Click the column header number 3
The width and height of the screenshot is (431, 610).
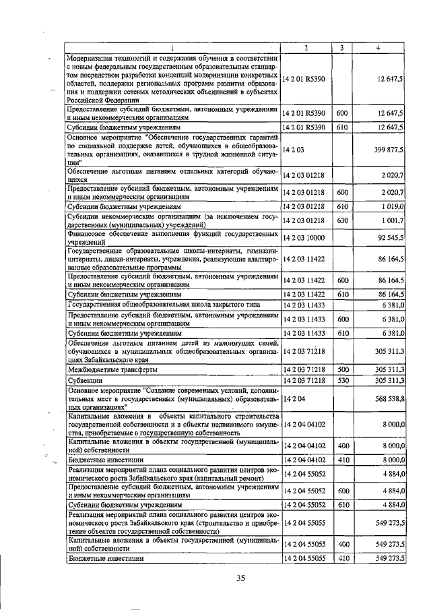tap(341, 47)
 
